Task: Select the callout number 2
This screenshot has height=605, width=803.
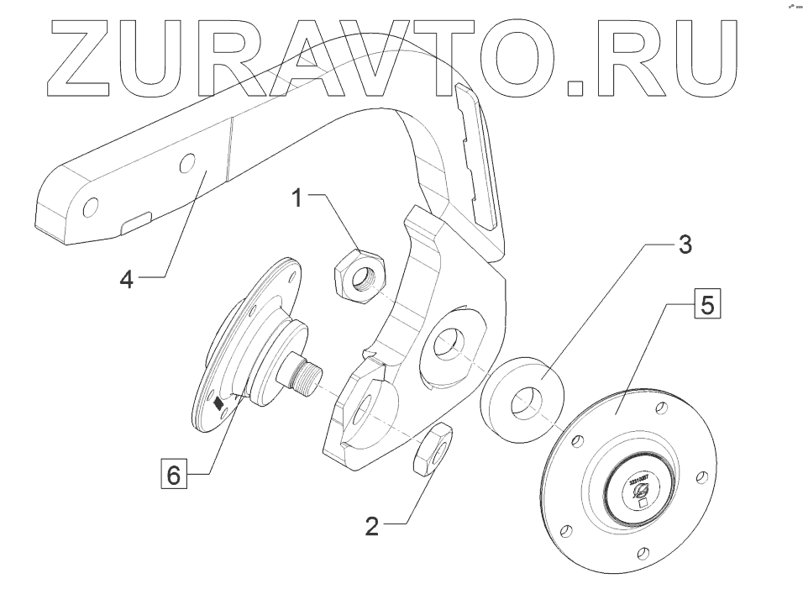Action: (372, 527)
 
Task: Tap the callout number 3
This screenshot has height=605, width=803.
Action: (685, 245)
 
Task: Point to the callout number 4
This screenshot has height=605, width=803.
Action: (125, 279)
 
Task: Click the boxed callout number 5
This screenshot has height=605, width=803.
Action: (706, 304)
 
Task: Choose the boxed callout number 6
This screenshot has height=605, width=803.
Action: (173, 475)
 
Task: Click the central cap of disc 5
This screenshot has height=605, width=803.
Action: (636, 492)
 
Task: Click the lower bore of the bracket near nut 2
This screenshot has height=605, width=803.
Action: (365, 403)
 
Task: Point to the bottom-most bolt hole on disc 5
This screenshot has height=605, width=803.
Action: (643, 552)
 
